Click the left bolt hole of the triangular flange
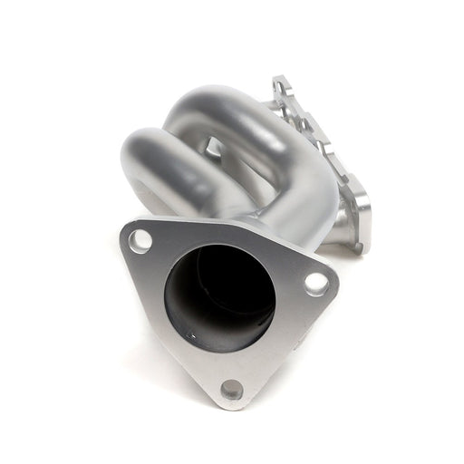(140, 241)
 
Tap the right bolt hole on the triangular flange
(315, 283)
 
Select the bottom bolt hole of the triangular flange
(232, 390)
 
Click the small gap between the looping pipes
(214, 145)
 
